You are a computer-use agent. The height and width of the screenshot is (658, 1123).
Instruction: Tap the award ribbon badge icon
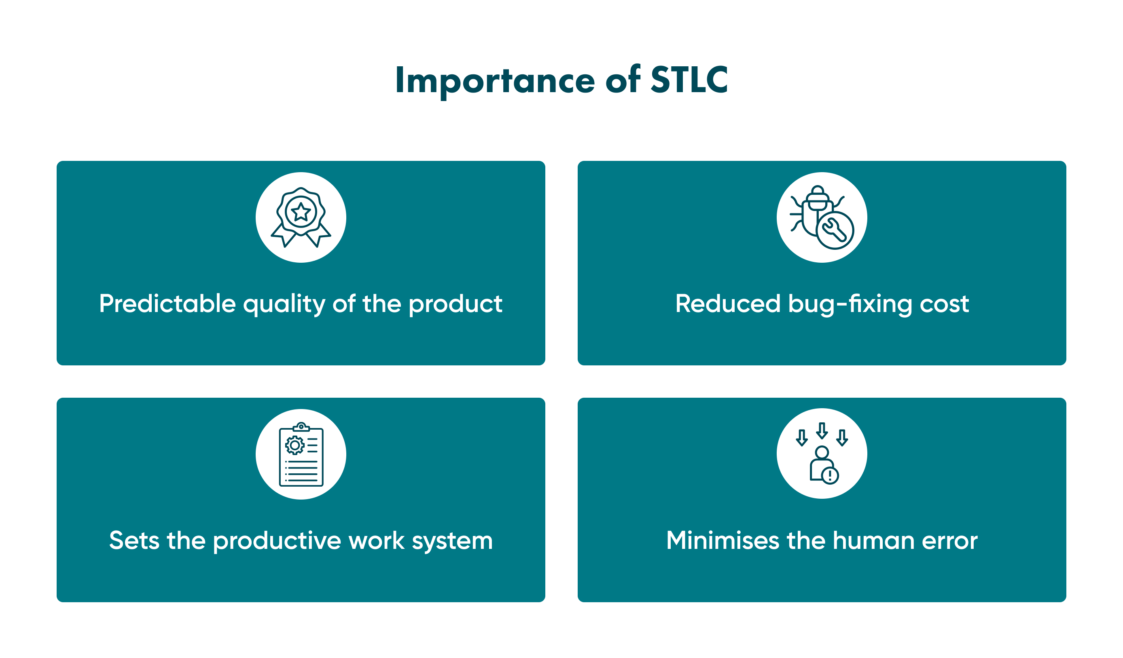(x=301, y=217)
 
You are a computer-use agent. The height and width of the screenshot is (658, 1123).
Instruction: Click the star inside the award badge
(x=301, y=212)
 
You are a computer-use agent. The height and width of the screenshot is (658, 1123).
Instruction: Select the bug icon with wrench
(x=821, y=217)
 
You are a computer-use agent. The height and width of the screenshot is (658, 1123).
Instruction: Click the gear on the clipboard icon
(x=295, y=445)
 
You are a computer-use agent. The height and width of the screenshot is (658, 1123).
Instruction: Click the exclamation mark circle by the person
(x=830, y=475)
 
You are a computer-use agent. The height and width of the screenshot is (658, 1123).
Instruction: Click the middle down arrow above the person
(x=822, y=430)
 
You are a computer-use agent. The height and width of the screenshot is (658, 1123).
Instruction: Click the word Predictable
(x=167, y=304)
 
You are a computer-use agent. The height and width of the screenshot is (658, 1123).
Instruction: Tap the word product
(x=456, y=304)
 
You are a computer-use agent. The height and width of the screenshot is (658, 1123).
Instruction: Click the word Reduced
(x=727, y=304)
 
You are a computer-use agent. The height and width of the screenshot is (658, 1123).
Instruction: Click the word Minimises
(x=723, y=540)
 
